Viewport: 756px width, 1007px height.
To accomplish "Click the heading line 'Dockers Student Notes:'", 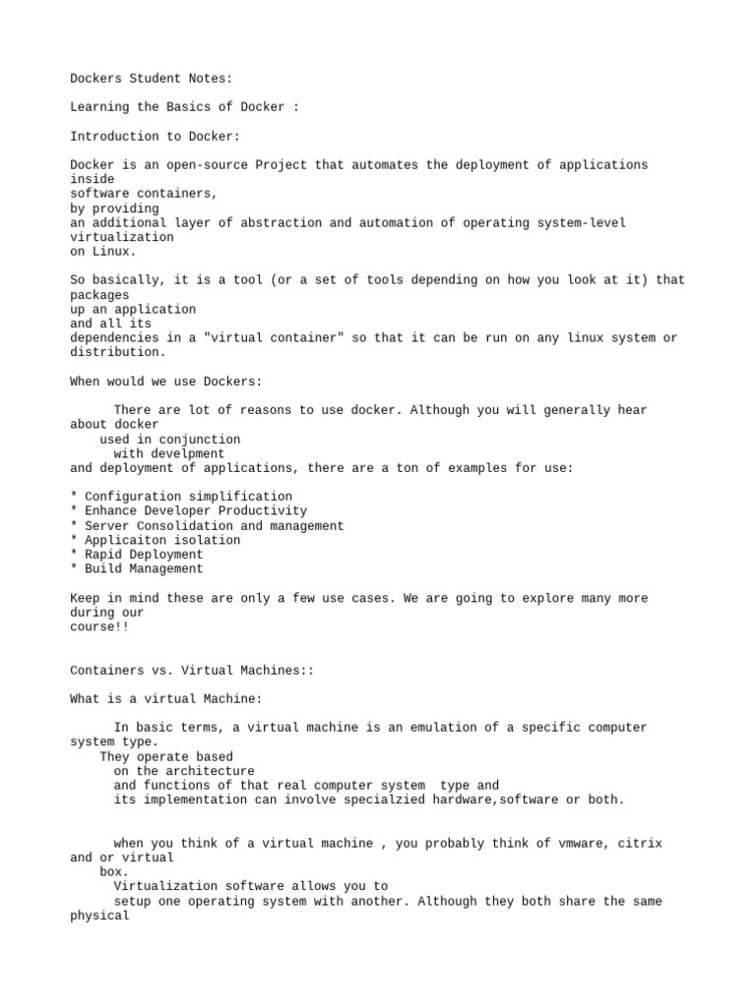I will pyautogui.click(x=151, y=78).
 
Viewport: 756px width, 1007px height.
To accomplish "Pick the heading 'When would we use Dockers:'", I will pyautogui.click(x=165, y=382).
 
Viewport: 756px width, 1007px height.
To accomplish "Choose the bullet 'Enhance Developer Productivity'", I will pyautogui.click(x=195, y=511).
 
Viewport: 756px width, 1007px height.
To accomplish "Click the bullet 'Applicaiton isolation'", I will pyautogui.click(x=161, y=540).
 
